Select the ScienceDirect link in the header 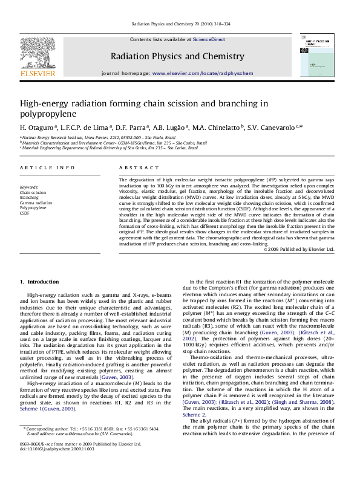209,39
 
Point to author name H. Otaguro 37,128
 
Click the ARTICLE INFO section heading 48,167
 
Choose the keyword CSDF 25,213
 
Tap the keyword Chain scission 33,192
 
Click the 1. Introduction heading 39,282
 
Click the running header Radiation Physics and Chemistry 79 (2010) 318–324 180,25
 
